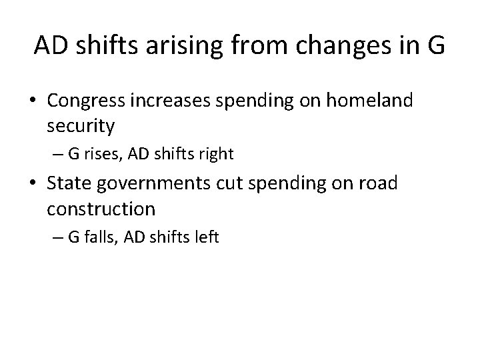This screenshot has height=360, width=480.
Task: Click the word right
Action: pyautogui.click(x=214, y=155)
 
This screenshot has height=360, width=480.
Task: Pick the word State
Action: pyautogui.click(x=69, y=183)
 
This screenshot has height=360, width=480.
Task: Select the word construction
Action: pyautogui.click(x=101, y=209)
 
